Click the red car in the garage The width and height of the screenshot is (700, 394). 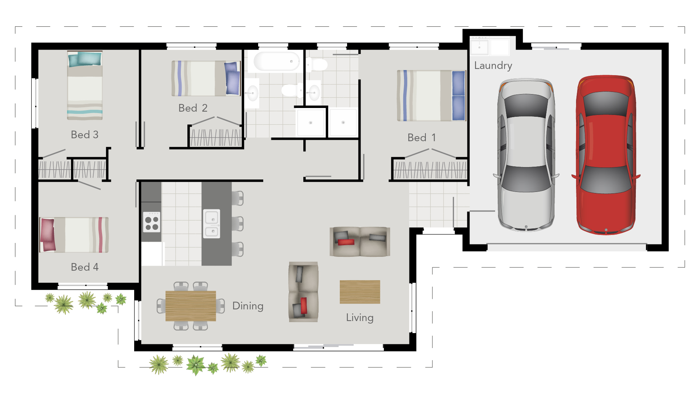tap(606, 155)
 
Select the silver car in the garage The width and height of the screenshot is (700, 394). tap(526, 155)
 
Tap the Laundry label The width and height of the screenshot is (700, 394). tap(493, 66)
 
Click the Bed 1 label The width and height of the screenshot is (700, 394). tap(421, 138)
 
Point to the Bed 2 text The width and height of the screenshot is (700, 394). tap(192, 108)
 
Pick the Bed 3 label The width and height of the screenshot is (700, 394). tap(85, 135)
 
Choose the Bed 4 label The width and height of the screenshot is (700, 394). tap(85, 267)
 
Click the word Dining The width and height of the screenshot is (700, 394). tap(248, 306)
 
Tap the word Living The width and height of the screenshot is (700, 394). tap(359, 317)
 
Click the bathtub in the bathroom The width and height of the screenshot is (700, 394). tap(276, 61)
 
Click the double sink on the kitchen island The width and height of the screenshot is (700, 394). tap(211, 224)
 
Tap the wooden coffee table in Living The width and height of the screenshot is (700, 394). tap(360, 292)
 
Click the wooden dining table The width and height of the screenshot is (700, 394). tap(191, 306)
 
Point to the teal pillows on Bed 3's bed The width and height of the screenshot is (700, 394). tap(85, 59)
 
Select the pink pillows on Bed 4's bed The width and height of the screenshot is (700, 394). tap(47, 235)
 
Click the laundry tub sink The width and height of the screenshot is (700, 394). tap(479, 47)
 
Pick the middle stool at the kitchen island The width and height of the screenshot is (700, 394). tap(238, 224)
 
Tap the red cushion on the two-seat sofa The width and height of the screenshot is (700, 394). tap(346, 242)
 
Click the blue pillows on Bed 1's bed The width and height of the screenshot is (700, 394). tap(458, 96)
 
